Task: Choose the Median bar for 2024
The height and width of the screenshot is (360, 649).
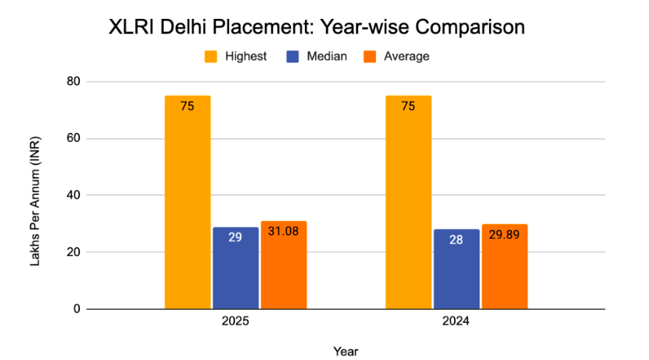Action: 456,269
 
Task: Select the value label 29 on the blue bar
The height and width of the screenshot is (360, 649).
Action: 235,237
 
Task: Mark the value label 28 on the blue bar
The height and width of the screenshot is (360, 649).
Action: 456,239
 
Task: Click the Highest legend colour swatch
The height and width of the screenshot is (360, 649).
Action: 212,56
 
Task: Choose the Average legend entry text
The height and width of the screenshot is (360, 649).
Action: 407,56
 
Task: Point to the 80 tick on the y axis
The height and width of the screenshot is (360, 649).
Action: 73,81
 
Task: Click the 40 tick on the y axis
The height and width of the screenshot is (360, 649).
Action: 73,195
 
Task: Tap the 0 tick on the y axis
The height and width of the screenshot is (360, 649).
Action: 76,309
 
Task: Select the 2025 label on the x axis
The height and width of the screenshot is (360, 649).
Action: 235,321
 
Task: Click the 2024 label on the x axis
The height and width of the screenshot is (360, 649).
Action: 456,321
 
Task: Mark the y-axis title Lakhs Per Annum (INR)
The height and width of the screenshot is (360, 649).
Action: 36,201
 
